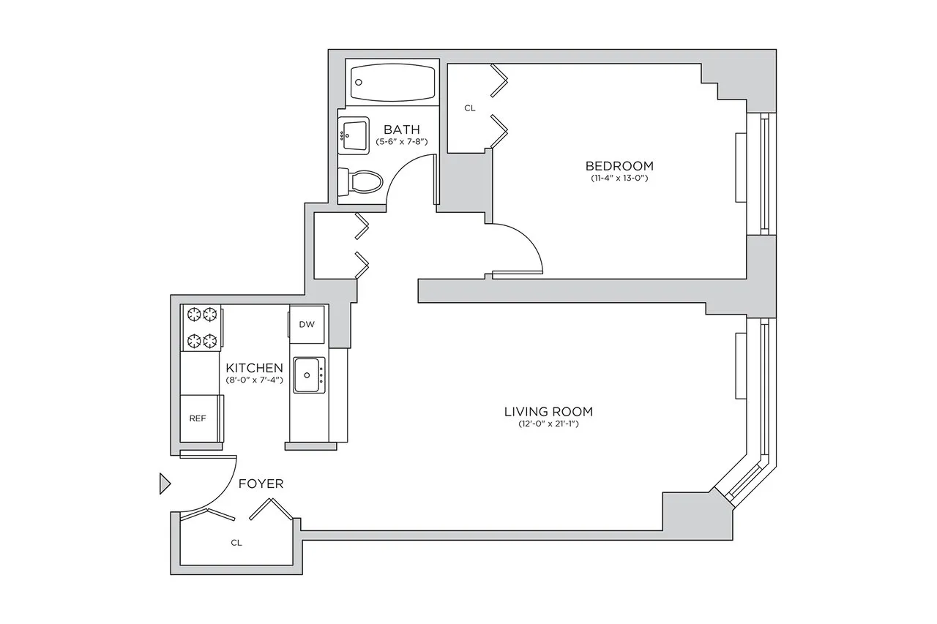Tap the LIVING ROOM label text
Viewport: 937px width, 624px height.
[x=548, y=411]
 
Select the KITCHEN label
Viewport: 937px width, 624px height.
[x=254, y=367]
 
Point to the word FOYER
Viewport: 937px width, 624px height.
[x=261, y=484]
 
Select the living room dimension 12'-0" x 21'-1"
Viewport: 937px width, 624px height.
[x=548, y=424]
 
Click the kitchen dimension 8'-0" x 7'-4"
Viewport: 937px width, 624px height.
[x=254, y=380]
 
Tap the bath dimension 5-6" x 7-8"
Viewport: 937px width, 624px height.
[x=401, y=141]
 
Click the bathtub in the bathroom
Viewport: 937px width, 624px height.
[x=392, y=84]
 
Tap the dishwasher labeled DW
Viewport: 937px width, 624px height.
[x=307, y=324]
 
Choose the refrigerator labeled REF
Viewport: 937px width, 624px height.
[x=198, y=418]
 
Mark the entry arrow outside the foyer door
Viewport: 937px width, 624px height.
[x=165, y=484]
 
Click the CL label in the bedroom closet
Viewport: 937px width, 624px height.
[x=470, y=108]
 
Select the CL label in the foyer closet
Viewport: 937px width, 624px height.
[x=236, y=543]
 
